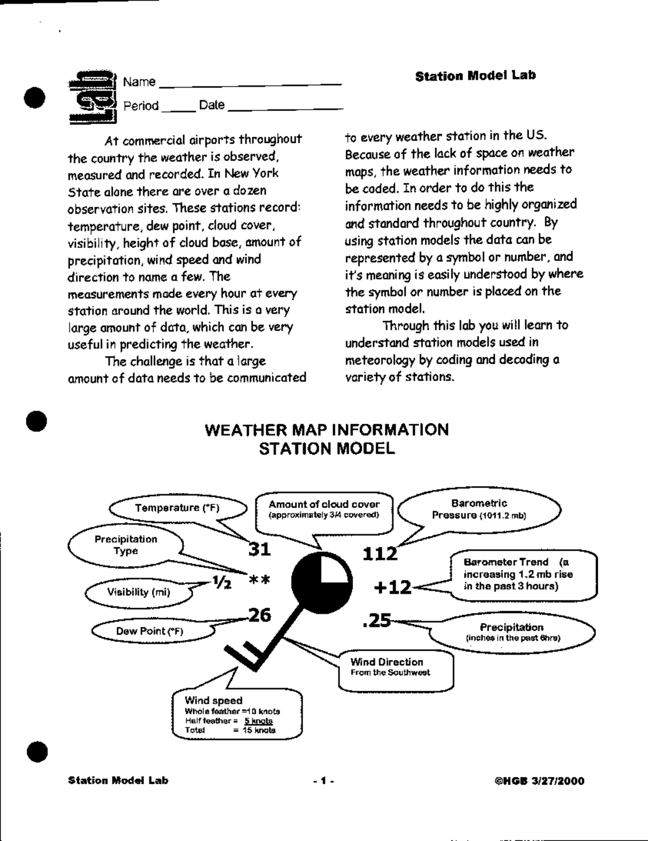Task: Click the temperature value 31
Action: pos(259,549)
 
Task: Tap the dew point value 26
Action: pos(259,615)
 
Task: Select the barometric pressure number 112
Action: pos(380,553)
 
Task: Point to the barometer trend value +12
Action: pos(393,588)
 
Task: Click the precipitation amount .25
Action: pos(377,621)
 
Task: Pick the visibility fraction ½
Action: pos(222,583)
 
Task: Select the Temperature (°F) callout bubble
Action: pos(177,508)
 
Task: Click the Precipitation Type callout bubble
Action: pos(126,545)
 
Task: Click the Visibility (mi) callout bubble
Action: pos(138,592)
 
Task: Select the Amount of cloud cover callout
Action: pos(324,509)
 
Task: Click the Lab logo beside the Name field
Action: pos(93,96)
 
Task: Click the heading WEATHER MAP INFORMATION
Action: pos(327,430)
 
